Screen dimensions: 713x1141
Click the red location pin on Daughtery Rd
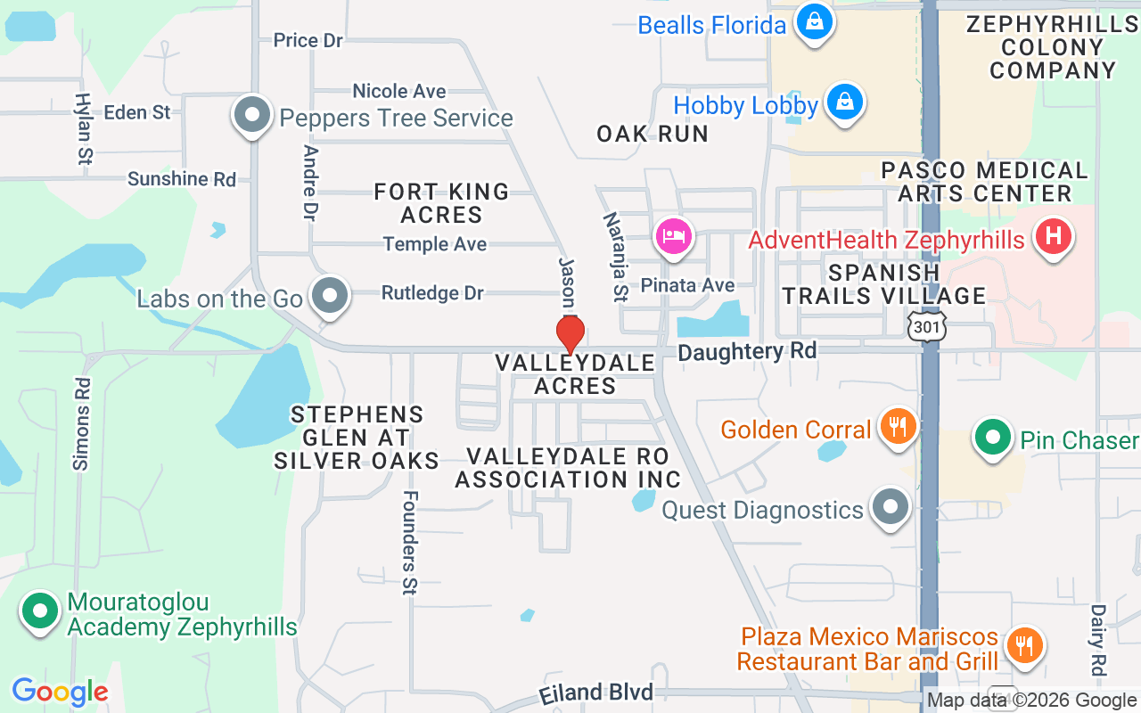click(570, 334)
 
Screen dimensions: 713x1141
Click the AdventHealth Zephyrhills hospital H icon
click(1053, 237)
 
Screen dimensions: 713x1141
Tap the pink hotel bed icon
click(674, 237)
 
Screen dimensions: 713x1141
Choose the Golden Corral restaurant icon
click(898, 427)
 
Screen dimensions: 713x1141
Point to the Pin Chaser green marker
click(991, 438)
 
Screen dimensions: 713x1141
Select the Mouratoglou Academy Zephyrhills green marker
click(40, 611)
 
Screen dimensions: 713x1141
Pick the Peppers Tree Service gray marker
click(252, 115)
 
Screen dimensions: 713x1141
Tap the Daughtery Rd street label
click(747, 352)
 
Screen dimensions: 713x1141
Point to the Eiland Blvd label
click(595, 693)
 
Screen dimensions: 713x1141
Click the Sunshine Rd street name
click(182, 179)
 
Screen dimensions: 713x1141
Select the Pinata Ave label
click(701, 285)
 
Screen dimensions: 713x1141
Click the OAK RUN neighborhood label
click(653, 134)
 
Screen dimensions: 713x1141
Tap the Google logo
click(60, 692)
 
